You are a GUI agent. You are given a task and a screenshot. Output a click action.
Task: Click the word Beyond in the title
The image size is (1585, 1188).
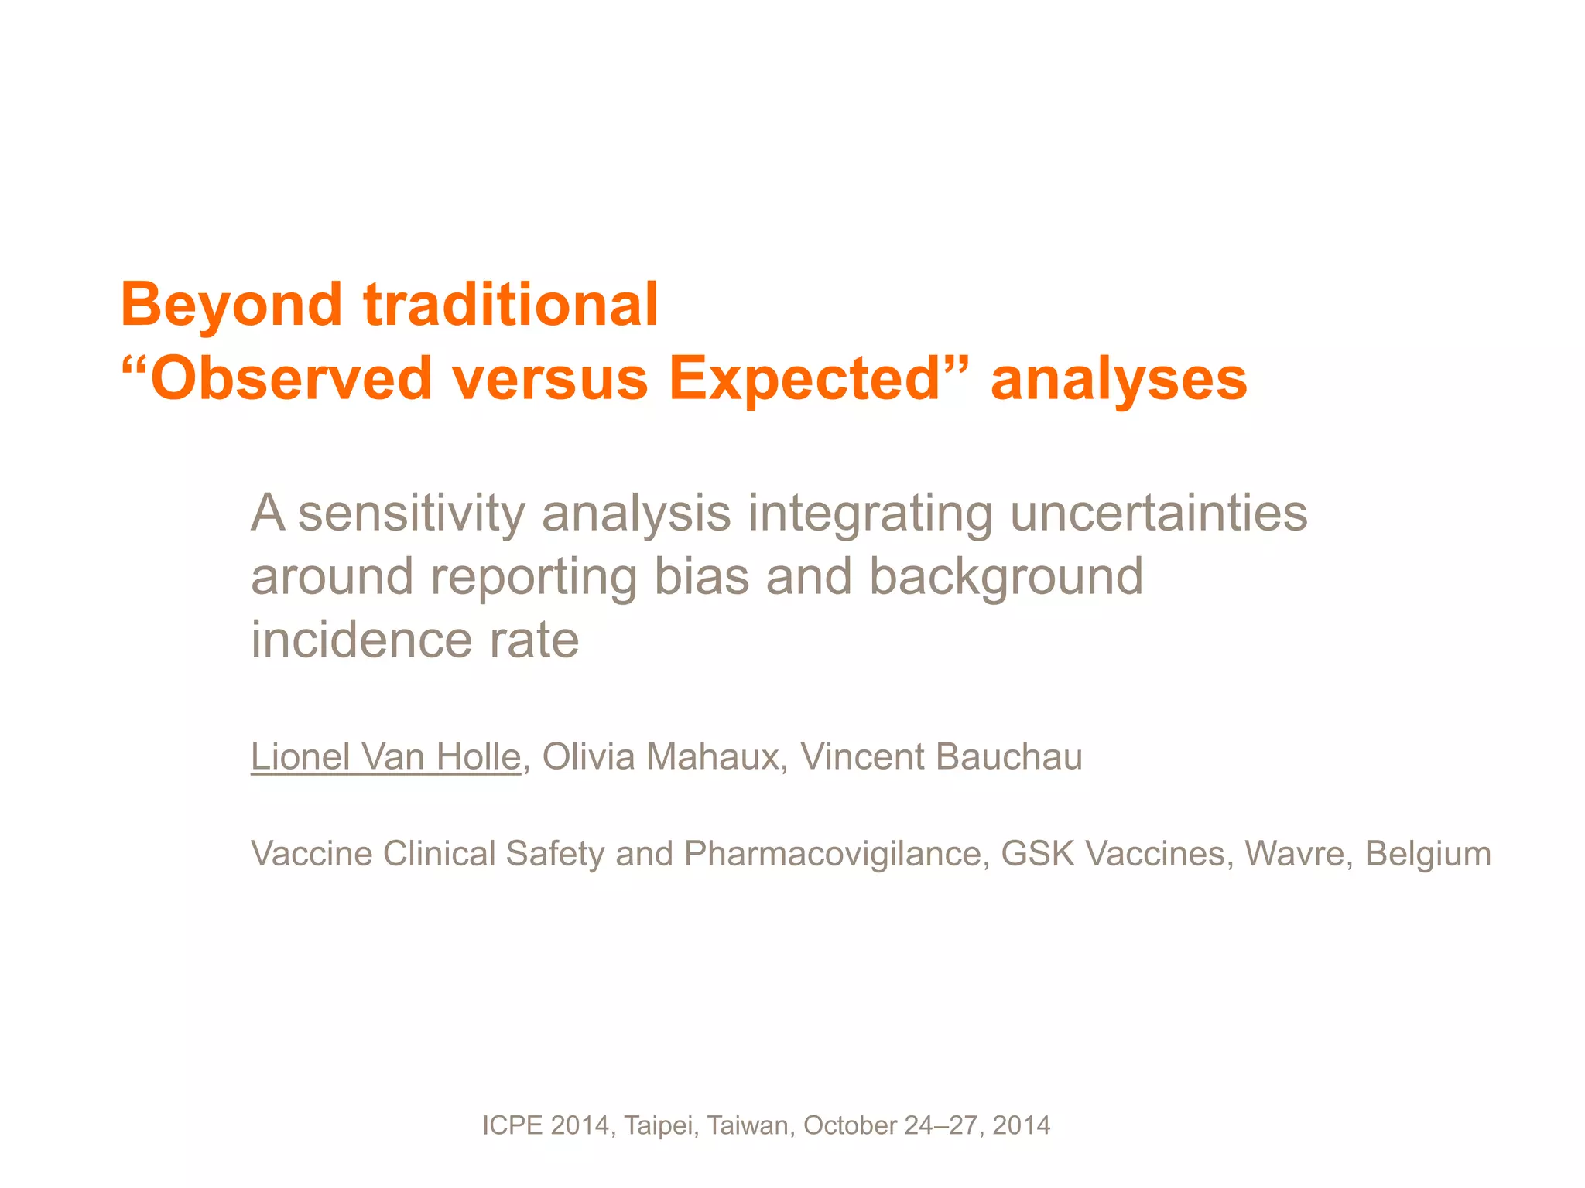[231, 306]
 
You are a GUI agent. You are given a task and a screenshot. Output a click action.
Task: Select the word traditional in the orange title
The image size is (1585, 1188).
[511, 304]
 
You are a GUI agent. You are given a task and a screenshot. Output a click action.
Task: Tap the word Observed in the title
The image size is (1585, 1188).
[290, 379]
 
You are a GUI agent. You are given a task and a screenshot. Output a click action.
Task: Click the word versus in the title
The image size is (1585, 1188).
[550, 379]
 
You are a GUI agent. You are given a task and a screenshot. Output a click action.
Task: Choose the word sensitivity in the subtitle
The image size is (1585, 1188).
[411, 514]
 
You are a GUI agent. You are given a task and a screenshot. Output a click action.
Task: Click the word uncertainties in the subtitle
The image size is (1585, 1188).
[1159, 514]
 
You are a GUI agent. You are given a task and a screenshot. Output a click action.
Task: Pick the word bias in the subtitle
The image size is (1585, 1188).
[702, 577]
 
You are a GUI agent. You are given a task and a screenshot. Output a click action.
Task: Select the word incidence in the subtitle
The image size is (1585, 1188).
[360, 640]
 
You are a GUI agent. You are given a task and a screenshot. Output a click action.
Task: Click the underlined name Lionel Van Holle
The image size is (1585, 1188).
[385, 756]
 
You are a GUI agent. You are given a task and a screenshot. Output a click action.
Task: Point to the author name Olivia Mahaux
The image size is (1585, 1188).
[660, 756]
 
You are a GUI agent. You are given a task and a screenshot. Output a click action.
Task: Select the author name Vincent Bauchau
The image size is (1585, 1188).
[941, 756]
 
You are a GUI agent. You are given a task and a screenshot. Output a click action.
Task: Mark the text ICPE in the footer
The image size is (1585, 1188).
[512, 1125]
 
